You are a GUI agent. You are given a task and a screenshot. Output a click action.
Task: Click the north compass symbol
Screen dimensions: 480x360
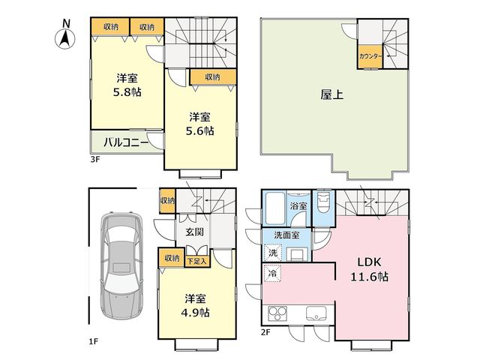[x=65, y=34]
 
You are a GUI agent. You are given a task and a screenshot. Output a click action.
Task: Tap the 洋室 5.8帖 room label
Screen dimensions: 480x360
[x=127, y=85]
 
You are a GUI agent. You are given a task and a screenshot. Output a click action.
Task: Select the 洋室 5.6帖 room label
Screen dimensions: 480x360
[x=200, y=124]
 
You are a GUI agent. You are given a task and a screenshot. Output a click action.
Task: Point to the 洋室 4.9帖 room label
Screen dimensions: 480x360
[x=195, y=305]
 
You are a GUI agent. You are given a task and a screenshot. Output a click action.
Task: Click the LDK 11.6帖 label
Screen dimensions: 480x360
[x=369, y=270]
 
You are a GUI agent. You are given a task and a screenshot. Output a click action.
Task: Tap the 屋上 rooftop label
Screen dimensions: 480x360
[x=331, y=94]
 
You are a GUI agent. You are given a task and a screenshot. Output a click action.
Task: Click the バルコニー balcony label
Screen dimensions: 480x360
[x=126, y=142]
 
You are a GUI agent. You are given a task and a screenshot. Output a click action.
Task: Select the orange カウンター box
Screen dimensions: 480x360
[x=370, y=57]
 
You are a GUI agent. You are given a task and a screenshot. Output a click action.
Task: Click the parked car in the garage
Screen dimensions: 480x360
[x=121, y=265]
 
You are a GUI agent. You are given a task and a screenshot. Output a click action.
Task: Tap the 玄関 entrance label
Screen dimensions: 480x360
[x=195, y=232]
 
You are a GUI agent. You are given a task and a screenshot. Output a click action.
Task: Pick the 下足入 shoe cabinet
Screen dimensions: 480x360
[x=197, y=261]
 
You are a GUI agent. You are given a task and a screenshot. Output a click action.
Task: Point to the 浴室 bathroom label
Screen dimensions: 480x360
[x=298, y=205]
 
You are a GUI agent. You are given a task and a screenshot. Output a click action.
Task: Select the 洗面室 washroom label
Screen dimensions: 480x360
[x=286, y=235]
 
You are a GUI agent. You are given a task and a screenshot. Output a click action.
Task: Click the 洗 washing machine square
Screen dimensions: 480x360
[x=272, y=253]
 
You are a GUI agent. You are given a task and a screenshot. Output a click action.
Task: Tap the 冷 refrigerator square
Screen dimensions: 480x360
[x=272, y=273]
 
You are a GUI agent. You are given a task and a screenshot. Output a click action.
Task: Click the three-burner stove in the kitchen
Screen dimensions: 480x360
[x=277, y=313]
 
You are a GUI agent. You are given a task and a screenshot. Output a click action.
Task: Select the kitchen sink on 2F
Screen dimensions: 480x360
[x=316, y=313]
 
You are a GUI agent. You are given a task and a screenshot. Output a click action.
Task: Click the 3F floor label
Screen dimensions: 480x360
[x=95, y=159]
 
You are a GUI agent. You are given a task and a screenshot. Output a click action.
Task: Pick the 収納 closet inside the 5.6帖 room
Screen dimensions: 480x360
[x=213, y=76]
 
